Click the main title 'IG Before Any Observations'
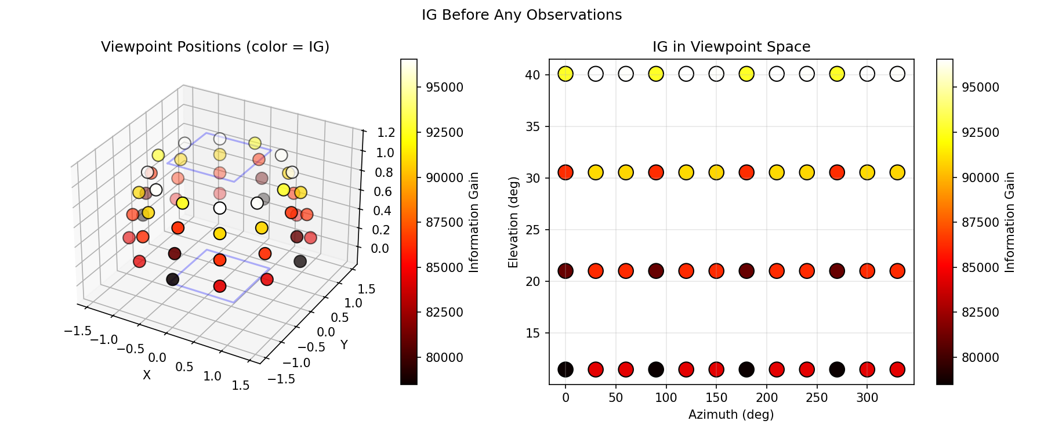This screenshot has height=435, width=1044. [x=521, y=15]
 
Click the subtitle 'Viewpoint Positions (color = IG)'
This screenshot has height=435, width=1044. [x=215, y=47]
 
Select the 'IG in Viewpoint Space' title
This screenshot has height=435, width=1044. [x=731, y=47]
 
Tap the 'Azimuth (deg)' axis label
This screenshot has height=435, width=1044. [x=731, y=415]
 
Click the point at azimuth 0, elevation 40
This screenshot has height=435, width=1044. [x=565, y=74]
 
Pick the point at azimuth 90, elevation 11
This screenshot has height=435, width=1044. [x=656, y=369]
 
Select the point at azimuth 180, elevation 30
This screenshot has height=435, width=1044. [x=746, y=172]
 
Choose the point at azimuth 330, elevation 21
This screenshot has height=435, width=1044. [x=897, y=271]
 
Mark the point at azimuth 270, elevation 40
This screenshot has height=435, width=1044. [x=837, y=74]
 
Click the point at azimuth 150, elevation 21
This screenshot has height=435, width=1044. [x=716, y=271]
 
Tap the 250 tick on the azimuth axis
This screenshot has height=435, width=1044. [x=817, y=397]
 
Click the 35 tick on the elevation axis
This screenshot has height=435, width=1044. [x=533, y=126]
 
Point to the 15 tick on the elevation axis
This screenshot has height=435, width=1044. [x=533, y=333]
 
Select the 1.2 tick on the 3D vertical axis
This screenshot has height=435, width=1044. [x=386, y=132]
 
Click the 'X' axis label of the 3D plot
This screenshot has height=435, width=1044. [x=147, y=376]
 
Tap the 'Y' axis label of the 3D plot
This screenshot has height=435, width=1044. [x=344, y=345]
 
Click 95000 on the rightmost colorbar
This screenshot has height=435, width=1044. [x=980, y=88]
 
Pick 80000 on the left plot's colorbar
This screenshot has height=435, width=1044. [x=444, y=357]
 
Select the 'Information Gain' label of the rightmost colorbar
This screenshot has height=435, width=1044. [x=1010, y=222]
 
